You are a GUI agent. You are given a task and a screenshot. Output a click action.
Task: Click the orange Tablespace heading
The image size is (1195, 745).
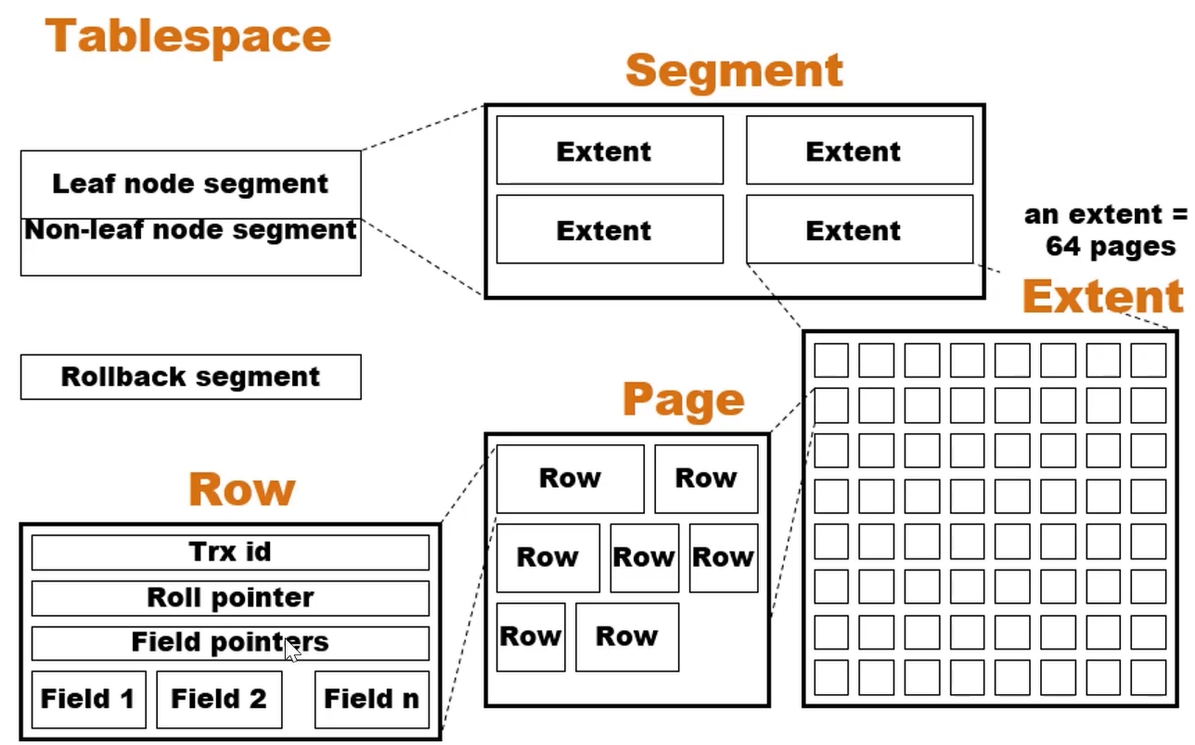point(188,37)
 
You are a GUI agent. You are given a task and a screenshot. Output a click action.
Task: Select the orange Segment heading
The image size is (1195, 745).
point(734,71)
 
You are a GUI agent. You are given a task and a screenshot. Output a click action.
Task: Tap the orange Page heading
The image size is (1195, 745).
point(684,400)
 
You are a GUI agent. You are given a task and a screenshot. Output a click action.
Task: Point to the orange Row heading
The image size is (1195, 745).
point(242,489)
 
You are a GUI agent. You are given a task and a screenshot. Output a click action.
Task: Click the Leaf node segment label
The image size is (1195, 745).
point(190,184)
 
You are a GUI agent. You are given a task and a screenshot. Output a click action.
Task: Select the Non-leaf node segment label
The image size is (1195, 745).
point(190,230)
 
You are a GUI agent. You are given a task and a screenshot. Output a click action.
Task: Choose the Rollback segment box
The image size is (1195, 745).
point(190,377)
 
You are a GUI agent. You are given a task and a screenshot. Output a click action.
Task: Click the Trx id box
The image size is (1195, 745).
point(230,552)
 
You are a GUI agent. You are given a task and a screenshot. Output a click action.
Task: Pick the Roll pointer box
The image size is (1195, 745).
point(230,597)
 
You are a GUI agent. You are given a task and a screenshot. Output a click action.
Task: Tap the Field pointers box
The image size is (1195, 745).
point(230,642)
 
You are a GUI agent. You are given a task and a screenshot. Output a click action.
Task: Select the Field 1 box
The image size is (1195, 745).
point(88,699)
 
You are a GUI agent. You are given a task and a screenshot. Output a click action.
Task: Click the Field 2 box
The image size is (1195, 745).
point(219,699)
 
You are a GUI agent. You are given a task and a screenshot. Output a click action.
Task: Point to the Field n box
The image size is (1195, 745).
point(371,699)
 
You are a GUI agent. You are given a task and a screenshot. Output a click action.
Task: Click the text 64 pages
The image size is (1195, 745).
point(1111,247)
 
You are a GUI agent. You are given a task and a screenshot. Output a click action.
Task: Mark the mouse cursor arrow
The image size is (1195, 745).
point(291,651)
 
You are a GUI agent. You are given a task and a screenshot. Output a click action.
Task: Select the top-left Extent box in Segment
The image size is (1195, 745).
point(610,150)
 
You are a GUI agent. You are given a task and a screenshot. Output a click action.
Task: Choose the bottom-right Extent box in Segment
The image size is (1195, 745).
point(859,229)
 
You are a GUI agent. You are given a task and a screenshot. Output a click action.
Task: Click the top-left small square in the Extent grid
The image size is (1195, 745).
point(831,360)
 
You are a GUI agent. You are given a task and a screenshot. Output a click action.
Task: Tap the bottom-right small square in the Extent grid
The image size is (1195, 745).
point(1149,677)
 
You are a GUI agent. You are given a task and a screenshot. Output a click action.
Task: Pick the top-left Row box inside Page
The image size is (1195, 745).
point(570,479)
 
